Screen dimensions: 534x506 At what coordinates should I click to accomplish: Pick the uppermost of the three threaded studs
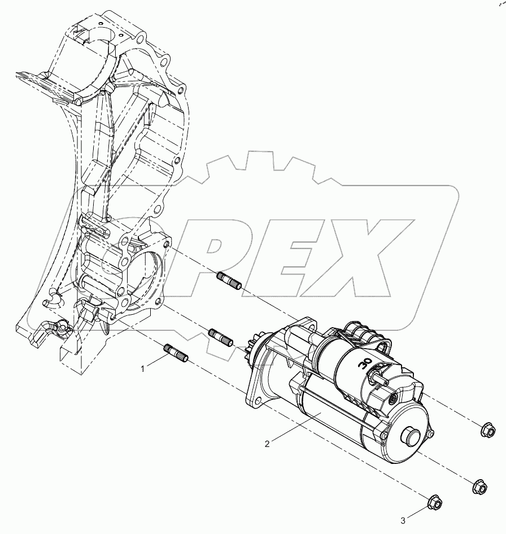pos(229,280)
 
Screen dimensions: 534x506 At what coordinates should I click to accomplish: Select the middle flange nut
pos(478,486)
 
